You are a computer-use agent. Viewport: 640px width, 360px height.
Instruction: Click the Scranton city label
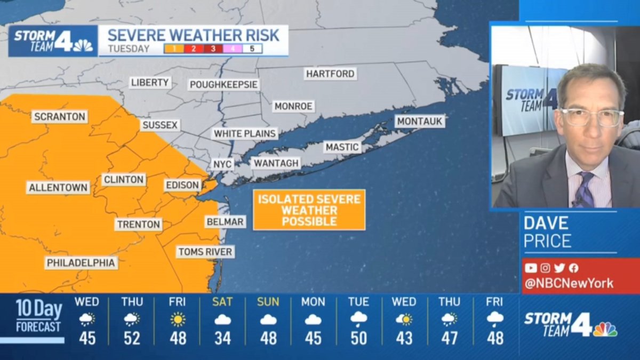coord(59,117)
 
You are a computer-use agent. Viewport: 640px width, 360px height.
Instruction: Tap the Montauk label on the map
coord(420,122)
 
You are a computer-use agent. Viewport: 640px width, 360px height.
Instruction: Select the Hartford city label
coord(331,74)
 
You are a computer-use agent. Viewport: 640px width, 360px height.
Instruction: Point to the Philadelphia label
coord(81,263)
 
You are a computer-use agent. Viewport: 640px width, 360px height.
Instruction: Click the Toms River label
coord(205,252)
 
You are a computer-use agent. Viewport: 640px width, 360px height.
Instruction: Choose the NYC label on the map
coord(222,164)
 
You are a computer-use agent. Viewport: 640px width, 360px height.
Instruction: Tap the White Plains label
coord(245,134)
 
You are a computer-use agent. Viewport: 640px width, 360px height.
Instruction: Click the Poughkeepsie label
coord(224,85)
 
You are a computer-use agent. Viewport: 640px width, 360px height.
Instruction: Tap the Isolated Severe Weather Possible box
coord(309,210)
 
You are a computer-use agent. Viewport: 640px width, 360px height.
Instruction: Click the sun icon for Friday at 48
coord(178,319)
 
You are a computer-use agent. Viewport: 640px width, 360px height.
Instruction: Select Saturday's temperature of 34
coord(222,338)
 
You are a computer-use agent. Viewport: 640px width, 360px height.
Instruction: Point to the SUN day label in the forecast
coord(268,302)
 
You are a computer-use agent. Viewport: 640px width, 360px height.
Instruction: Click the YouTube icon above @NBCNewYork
coord(531,268)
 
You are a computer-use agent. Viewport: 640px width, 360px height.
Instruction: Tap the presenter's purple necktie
coord(585,190)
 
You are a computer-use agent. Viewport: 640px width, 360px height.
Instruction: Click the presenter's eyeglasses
coord(591,117)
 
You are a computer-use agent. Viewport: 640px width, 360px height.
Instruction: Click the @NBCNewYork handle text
coord(569,284)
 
